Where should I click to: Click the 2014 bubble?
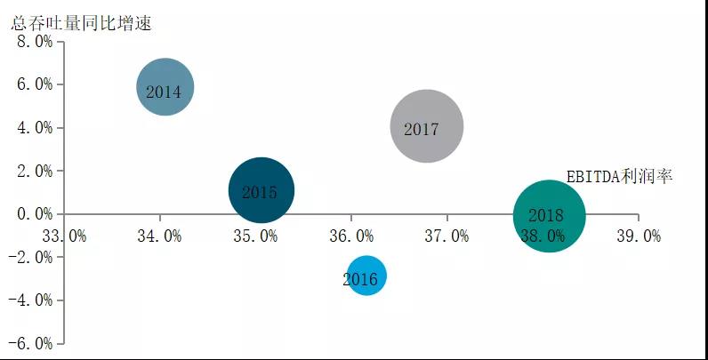pyautogui.click(x=165, y=87)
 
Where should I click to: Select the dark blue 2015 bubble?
pyautogui.click(x=261, y=190)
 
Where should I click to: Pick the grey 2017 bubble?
pyautogui.click(x=427, y=126)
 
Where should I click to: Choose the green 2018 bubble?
pyautogui.click(x=549, y=216)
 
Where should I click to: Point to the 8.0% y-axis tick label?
pyautogui.click(x=31, y=42)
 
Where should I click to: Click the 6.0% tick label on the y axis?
pyautogui.click(x=31, y=84)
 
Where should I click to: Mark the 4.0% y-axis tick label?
pyautogui.click(x=31, y=128)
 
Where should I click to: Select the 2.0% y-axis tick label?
pyautogui.click(x=31, y=171)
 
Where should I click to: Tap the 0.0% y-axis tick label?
pyautogui.click(x=31, y=214)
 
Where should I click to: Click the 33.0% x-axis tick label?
pyautogui.click(x=64, y=236)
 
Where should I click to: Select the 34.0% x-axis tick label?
pyautogui.click(x=159, y=236)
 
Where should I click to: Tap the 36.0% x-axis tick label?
pyautogui.click(x=351, y=236)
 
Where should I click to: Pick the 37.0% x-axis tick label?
pyautogui.click(x=447, y=236)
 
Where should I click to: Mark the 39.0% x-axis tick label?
pyautogui.click(x=639, y=236)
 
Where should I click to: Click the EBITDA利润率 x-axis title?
pyautogui.click(x=619, y=177)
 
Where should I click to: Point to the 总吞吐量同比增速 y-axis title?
pyautogui.click(x=82, y=22)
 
